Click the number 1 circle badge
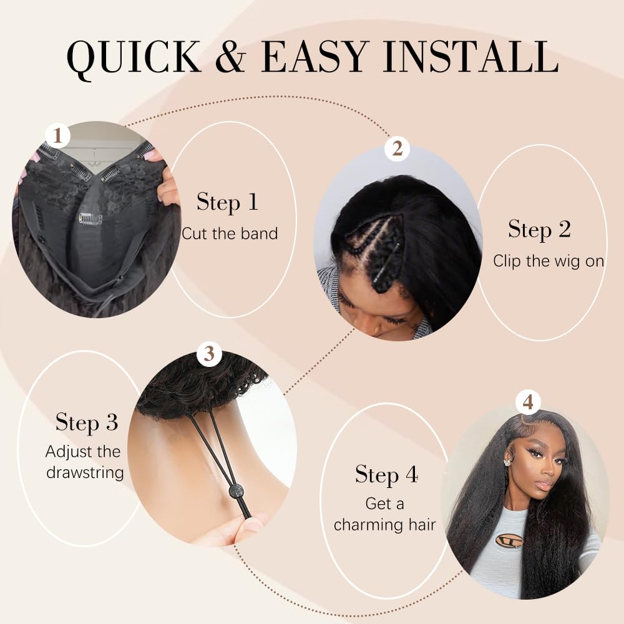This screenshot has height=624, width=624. point(57,135)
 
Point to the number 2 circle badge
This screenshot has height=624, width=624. point(397,149)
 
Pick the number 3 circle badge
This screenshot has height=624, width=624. point(209,354)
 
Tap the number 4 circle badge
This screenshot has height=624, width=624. point(528,403)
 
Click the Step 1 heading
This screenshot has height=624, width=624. point(227,202)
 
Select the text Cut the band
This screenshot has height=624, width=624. point(229,233)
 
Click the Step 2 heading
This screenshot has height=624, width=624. point(539,229)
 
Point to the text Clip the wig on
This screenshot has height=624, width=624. point(548,261)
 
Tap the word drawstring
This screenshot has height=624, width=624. point(85,472)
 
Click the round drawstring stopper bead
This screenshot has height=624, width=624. point(236,491)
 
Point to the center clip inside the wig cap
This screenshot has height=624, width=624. point(90,218)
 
